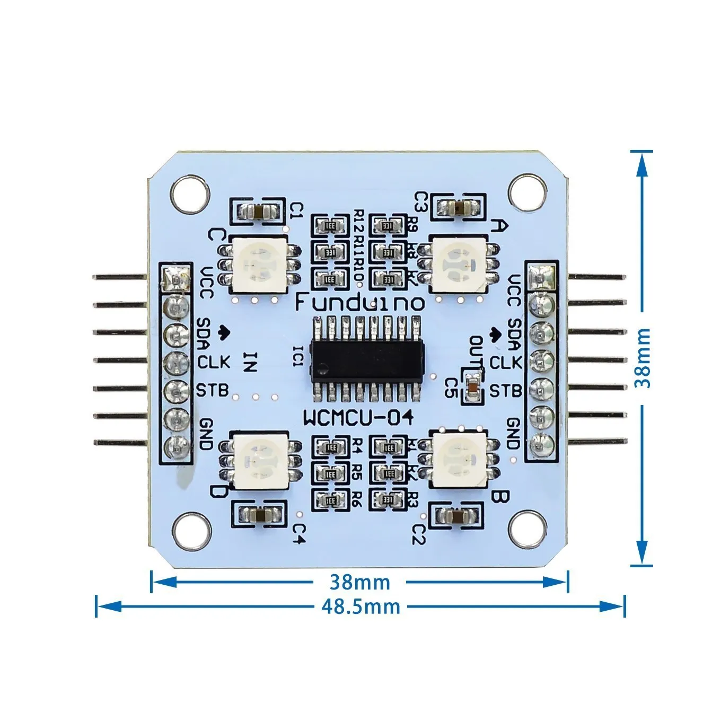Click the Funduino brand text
[x=359, y=303]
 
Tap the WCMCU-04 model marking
[x=358, y=418]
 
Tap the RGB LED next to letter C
[x=258, y=263]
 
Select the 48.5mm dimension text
[x=360, y=605]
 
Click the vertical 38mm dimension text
[x=643, y=358]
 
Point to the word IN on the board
[x=251, y=362]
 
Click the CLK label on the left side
[x=214, y=362]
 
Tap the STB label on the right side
[x=505, y=391]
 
